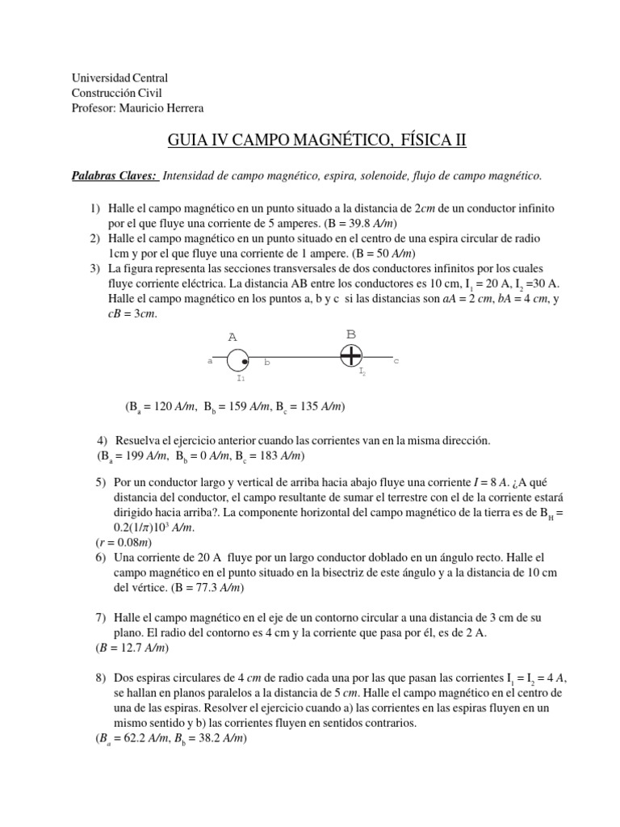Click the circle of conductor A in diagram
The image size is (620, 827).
[x=237, y=361]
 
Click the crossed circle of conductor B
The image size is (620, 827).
[x=351, y=355]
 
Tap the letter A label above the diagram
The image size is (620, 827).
[x=232, y=337]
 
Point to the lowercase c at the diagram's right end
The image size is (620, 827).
[x=396, y=361]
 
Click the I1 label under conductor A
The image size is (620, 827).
[x=241, y=377]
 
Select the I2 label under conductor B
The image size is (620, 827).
[x=362, y=372]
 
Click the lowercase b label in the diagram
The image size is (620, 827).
[x=266, y=363]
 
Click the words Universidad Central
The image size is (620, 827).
[x=119, y=78]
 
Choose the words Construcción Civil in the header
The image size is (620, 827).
[x=117, y=93]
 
